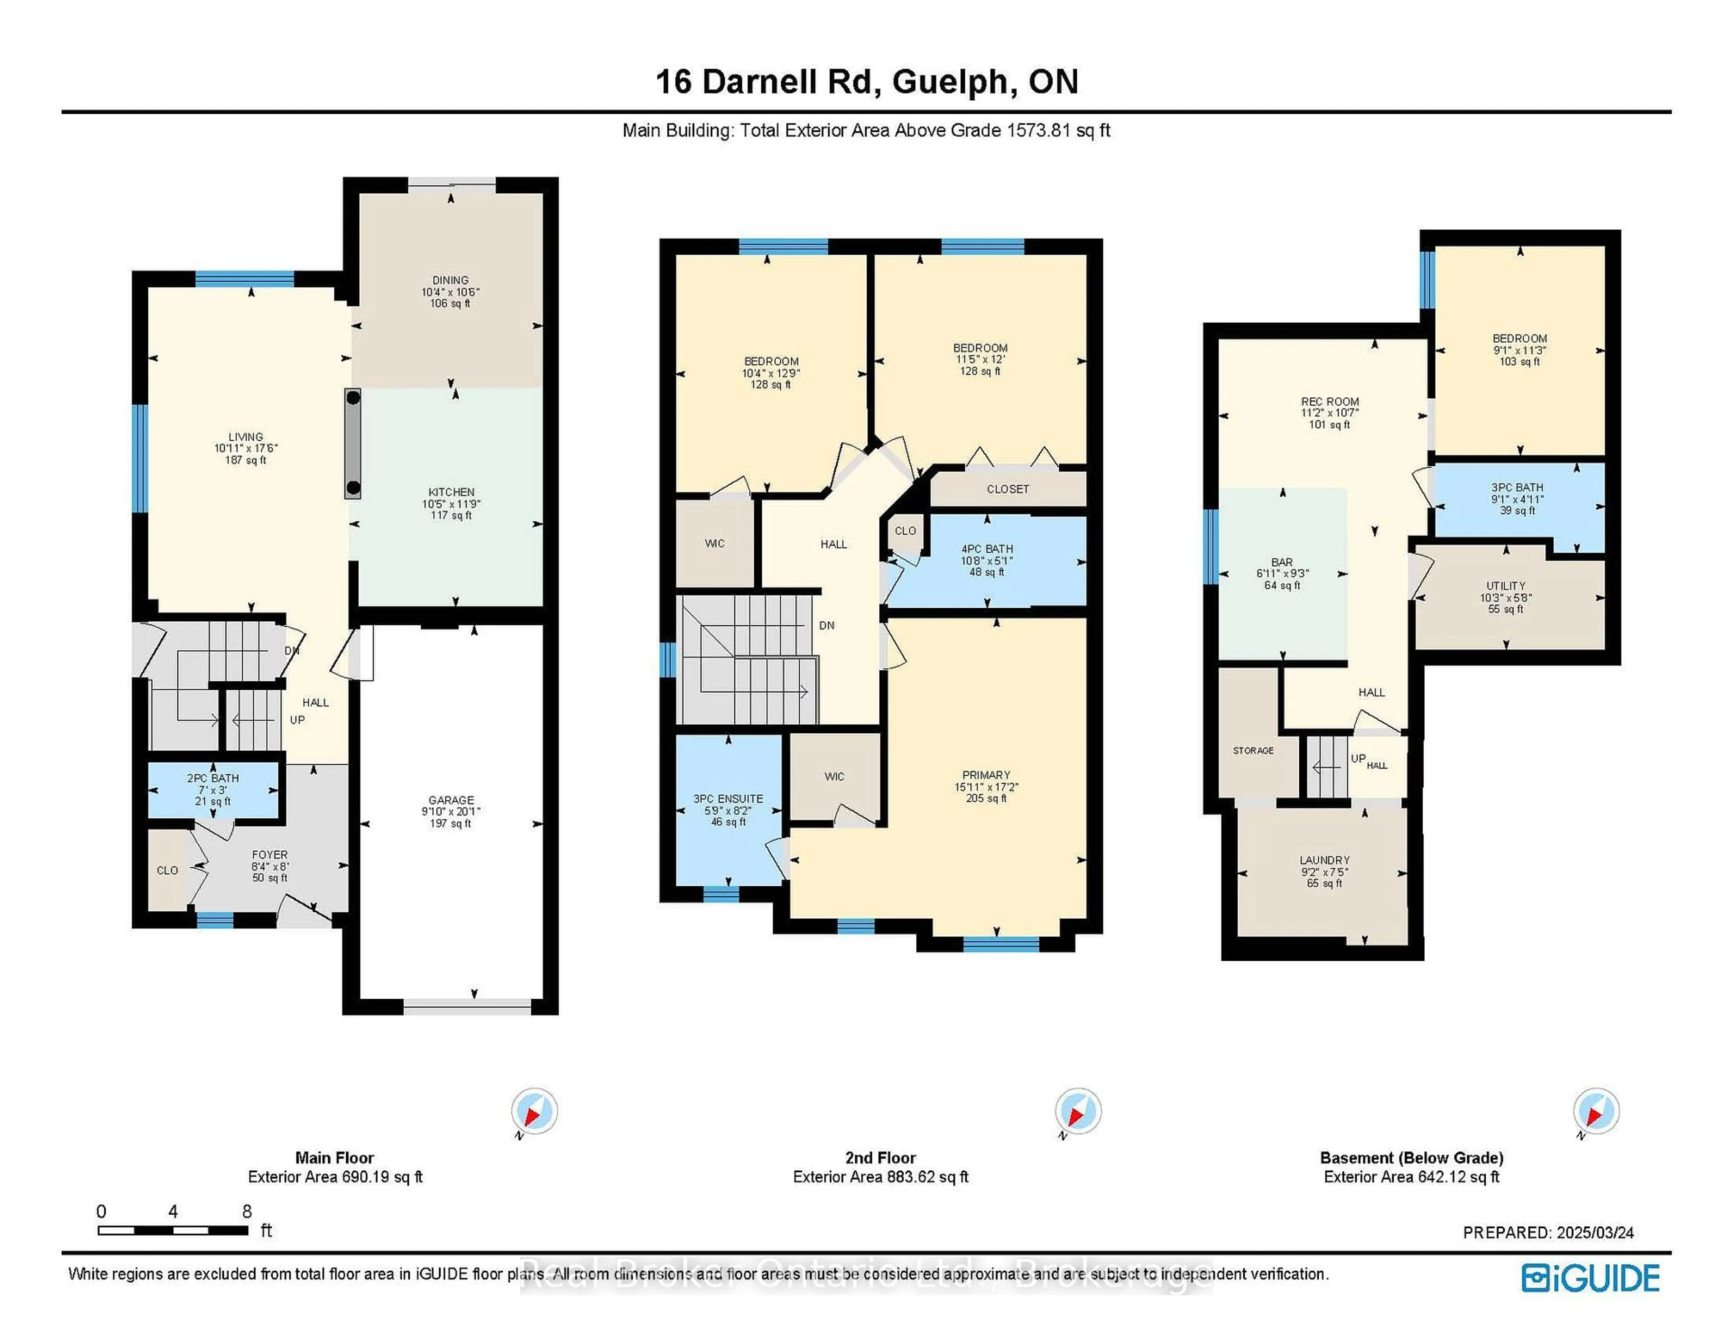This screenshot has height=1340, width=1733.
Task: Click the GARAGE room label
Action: (x=451, y=800)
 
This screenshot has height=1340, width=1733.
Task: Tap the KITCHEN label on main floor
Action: (x=451, y=492)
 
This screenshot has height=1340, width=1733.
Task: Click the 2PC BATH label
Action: (x=213, y=778)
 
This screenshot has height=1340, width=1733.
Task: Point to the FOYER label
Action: (x=270, y=855)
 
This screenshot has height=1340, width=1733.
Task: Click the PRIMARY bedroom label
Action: (x=986, y=775)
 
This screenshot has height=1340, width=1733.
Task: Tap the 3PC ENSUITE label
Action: (x=727, y=799)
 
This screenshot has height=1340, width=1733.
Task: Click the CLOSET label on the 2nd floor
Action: (x=1008, y=489)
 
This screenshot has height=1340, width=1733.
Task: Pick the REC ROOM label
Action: (x=1330, y=402)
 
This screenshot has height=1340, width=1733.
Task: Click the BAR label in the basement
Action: (x=1282, y=562)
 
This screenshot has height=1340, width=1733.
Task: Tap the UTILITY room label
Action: (x=1505, y=586)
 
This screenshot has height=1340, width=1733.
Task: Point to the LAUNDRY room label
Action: (x=1325, y=860)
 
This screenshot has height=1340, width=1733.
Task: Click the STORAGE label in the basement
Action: (x=1253, y=750)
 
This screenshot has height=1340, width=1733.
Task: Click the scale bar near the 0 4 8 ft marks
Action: (x=173, y=1230)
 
